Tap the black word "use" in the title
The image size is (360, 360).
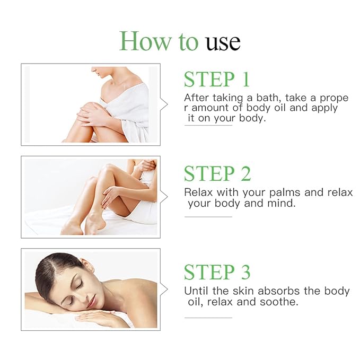pyautogui.click(x=223, y=42)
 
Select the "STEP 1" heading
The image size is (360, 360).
pyautogui.click(x=216, y=79)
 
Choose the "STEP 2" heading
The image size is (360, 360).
pyautogui.click(x=217, y=173)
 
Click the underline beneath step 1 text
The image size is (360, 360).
pyautogui.click(x=208, y=126)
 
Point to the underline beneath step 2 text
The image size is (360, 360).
pyautogui.click(x=208, y=216)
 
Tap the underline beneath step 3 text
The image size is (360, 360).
pyautogui.click(x=208, y=318)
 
